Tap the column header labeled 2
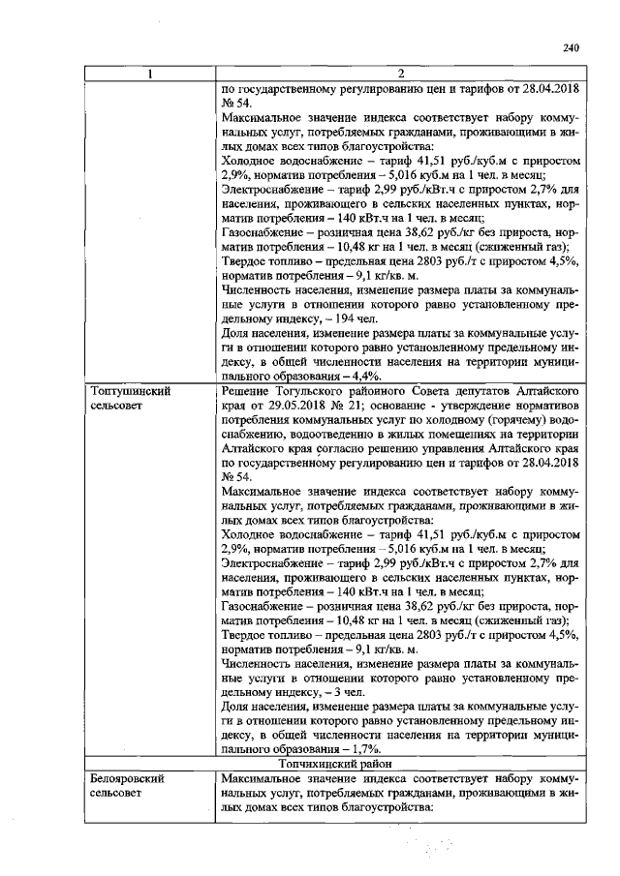click(399, 73)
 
